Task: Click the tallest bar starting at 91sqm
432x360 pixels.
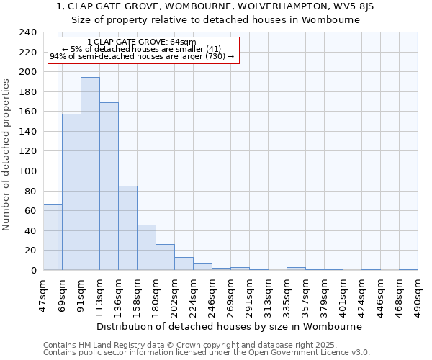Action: pos(90,174)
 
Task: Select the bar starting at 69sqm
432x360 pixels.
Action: pos(71,192)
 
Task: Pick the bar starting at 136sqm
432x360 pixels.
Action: pos(127,228)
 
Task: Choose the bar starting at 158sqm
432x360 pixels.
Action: pos(146,247)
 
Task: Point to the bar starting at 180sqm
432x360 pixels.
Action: pos(165,257)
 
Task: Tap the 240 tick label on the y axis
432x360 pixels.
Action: pos(27,32)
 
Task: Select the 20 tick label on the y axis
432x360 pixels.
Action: pos(30,251)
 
